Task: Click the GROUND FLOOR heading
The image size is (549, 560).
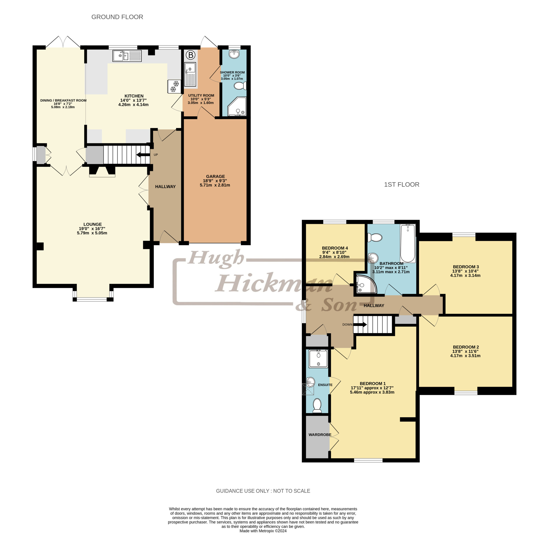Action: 117,17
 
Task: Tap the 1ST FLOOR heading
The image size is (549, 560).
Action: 401,184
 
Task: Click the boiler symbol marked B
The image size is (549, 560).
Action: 190,55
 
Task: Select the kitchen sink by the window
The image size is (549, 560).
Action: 127,56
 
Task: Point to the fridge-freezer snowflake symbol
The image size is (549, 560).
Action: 174,86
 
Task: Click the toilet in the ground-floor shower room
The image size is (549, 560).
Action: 240,86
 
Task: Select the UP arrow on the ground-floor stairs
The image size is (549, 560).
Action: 143,155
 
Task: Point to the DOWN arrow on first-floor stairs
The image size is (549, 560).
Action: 360,325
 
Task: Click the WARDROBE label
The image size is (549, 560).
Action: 320,435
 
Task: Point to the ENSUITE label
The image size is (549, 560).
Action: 325,385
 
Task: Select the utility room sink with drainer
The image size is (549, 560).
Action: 190,74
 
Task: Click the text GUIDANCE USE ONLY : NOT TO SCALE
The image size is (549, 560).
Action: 263,491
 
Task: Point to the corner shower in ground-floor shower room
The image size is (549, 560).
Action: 237,106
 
